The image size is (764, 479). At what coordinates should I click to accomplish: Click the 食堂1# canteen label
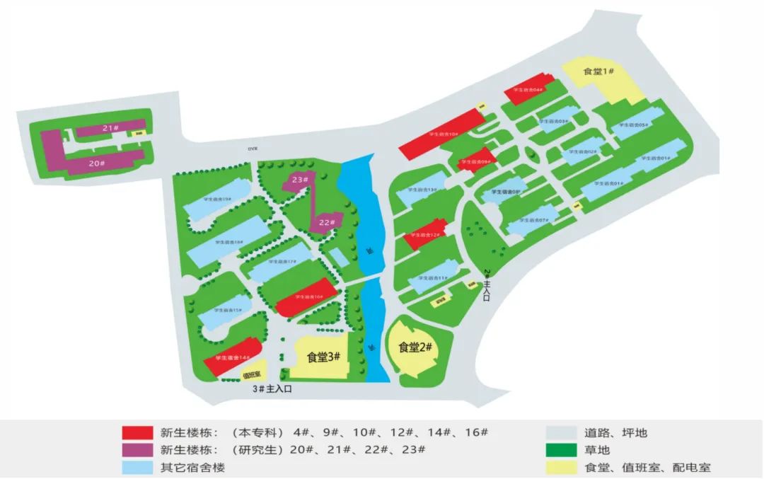[x=598, y=72]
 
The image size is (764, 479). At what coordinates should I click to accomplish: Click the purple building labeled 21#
[x=109, y=128]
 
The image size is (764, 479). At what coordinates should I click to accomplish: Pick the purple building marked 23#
[x=301, y=180]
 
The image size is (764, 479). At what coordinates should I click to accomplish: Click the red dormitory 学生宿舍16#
[x=308, y=299]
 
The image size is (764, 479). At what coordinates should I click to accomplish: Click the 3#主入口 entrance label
[x=272, y=388]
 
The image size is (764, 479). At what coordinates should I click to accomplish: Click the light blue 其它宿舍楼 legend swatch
[x=138, y=467]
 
